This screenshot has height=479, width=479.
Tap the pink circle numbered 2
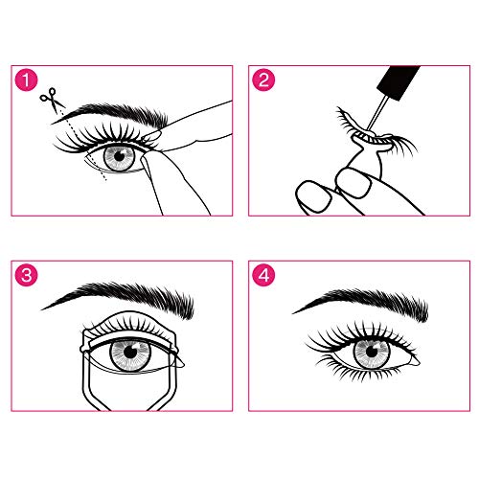(263, 79)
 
